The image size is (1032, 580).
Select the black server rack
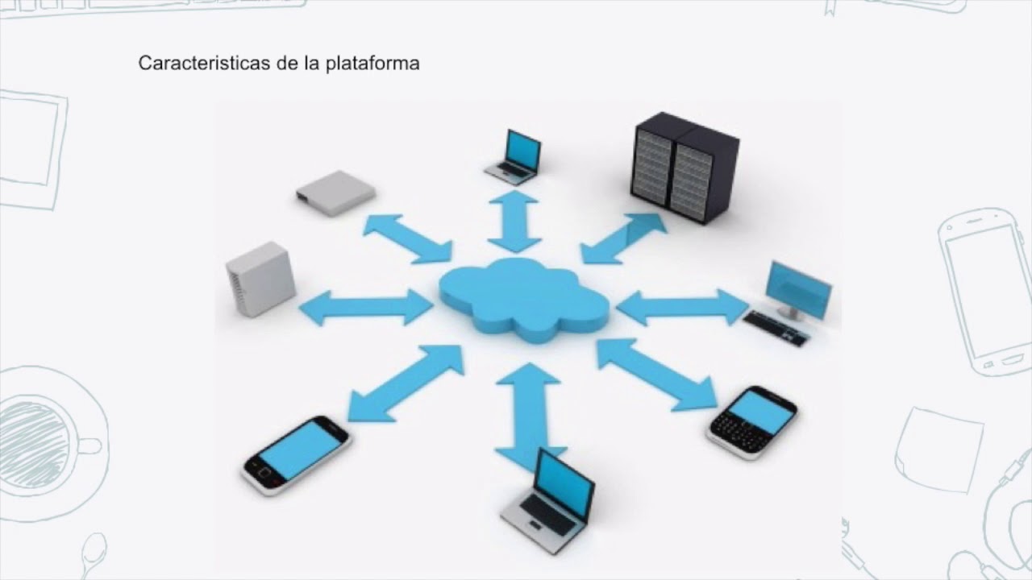click(x=685, y=168)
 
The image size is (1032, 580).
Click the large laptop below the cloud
click(x=549, y=500)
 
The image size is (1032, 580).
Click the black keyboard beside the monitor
click(x=775, y=328)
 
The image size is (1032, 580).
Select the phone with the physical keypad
click(x=752, y=421)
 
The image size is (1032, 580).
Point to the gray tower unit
click(x=260, y=278)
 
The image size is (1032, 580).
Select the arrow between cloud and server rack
click(x=623, y=238)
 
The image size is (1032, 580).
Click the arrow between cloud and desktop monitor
click(x=682, y=307)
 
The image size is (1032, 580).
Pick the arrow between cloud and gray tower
click(x=366, y=307)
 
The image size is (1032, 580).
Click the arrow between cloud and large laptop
click(x=528, y=415)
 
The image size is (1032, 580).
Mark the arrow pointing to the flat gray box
click(x=407, y=238)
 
